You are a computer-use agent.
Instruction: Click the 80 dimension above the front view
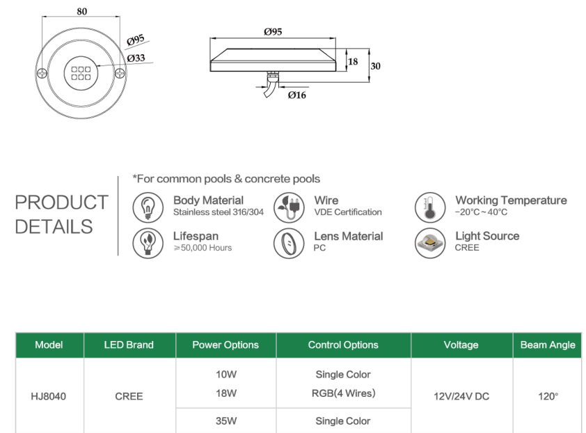click(x=83, y=11)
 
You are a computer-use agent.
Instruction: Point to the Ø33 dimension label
click(x=136, y=58)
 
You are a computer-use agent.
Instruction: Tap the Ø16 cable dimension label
click(x=296, y=95)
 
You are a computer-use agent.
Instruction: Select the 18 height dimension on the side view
click(x=353, y=61)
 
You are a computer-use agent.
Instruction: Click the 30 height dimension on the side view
click(x=376, y=66)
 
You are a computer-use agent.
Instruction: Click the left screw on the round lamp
click(x=43, y=72)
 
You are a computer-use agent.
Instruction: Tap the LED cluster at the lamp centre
click(x=82, y=73)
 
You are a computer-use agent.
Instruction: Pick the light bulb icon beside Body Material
click(x=147, y=206)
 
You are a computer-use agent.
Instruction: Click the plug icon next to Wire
click(x=287, y=206)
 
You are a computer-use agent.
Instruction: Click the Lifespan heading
click(x=196, y=237)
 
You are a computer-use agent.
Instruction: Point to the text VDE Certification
click(x=348, y=212)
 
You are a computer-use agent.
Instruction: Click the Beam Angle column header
click(x=548, y=345)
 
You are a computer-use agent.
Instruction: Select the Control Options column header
click(x=343, y=345)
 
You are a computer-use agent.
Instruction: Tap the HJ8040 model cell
click(x=49, y=396)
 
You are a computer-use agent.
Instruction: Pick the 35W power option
click(x=225, y=420)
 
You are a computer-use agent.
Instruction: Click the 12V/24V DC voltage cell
click(x=461, y=396)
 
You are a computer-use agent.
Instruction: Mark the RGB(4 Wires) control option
click(x=343, y=393)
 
